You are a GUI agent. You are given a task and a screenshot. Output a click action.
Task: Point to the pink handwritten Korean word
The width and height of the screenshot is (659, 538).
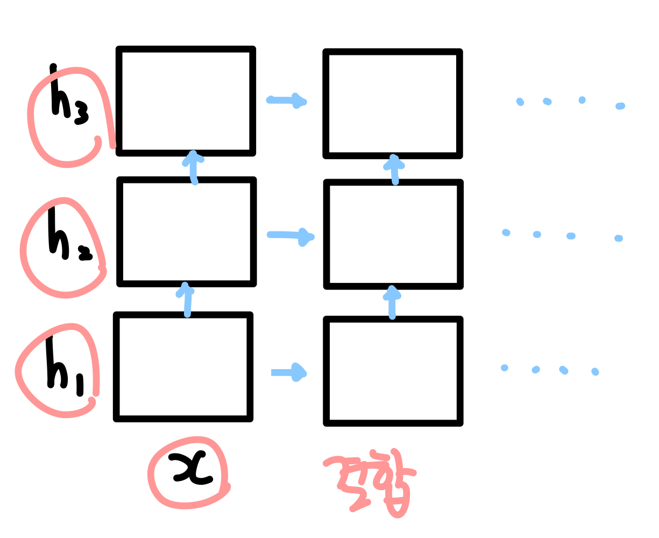point(374,482)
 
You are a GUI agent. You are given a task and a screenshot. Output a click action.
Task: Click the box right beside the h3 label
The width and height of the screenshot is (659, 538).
point(186,101)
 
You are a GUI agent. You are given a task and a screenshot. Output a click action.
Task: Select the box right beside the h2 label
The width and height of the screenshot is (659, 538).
point(186,231)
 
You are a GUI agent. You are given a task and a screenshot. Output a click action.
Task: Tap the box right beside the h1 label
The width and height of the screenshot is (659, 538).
point(183,366)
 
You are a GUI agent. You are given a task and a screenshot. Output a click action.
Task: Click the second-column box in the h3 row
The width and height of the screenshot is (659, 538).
point(393,103)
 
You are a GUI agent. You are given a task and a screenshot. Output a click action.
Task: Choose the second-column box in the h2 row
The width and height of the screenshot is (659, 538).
point(393,234)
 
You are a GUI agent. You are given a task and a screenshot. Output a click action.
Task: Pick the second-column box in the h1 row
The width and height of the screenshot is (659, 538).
point(393,371)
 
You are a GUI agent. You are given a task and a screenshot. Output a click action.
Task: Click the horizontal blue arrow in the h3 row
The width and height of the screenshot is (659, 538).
point(287,100)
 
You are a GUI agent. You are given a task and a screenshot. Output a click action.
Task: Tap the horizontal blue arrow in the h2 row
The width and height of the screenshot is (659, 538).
point(290,236)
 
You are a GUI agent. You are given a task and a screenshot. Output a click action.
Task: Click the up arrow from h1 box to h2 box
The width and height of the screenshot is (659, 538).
point(187,299)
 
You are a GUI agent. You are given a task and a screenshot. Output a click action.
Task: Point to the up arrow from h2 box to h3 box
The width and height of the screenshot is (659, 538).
point(193,167)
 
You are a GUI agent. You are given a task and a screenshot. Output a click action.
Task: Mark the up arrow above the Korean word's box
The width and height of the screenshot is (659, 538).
point(392,302)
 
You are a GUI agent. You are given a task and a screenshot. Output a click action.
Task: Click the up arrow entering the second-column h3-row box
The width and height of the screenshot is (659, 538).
point(395,169)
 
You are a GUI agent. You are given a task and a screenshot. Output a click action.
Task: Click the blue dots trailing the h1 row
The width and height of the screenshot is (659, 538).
point(549,370)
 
